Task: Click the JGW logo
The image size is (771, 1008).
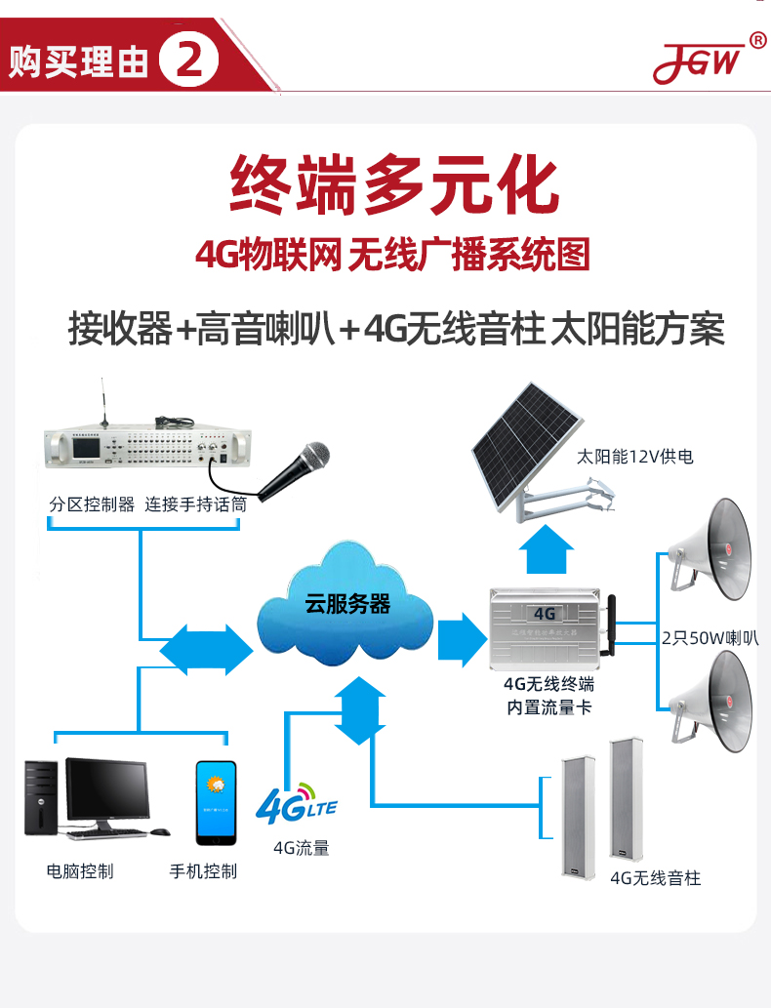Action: pyautogui.click(x=698, y=62)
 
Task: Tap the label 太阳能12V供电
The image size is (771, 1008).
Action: pyautogui.click(x=635, y=457)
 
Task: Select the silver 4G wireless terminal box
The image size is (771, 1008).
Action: pyautogui.click(x=544, y=627)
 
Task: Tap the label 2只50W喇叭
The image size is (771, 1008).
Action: pyautogui.click(x=710, y=639)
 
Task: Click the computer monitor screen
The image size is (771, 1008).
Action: pyautogui.click(x=107, y=789)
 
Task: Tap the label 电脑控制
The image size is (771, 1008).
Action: pyautogui.click(x=80, y=870)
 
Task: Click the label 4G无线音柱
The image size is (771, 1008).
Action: pyautogui.click(x=655, y=878)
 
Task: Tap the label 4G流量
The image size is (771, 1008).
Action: pyautogui.click(x=302, y=848)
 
